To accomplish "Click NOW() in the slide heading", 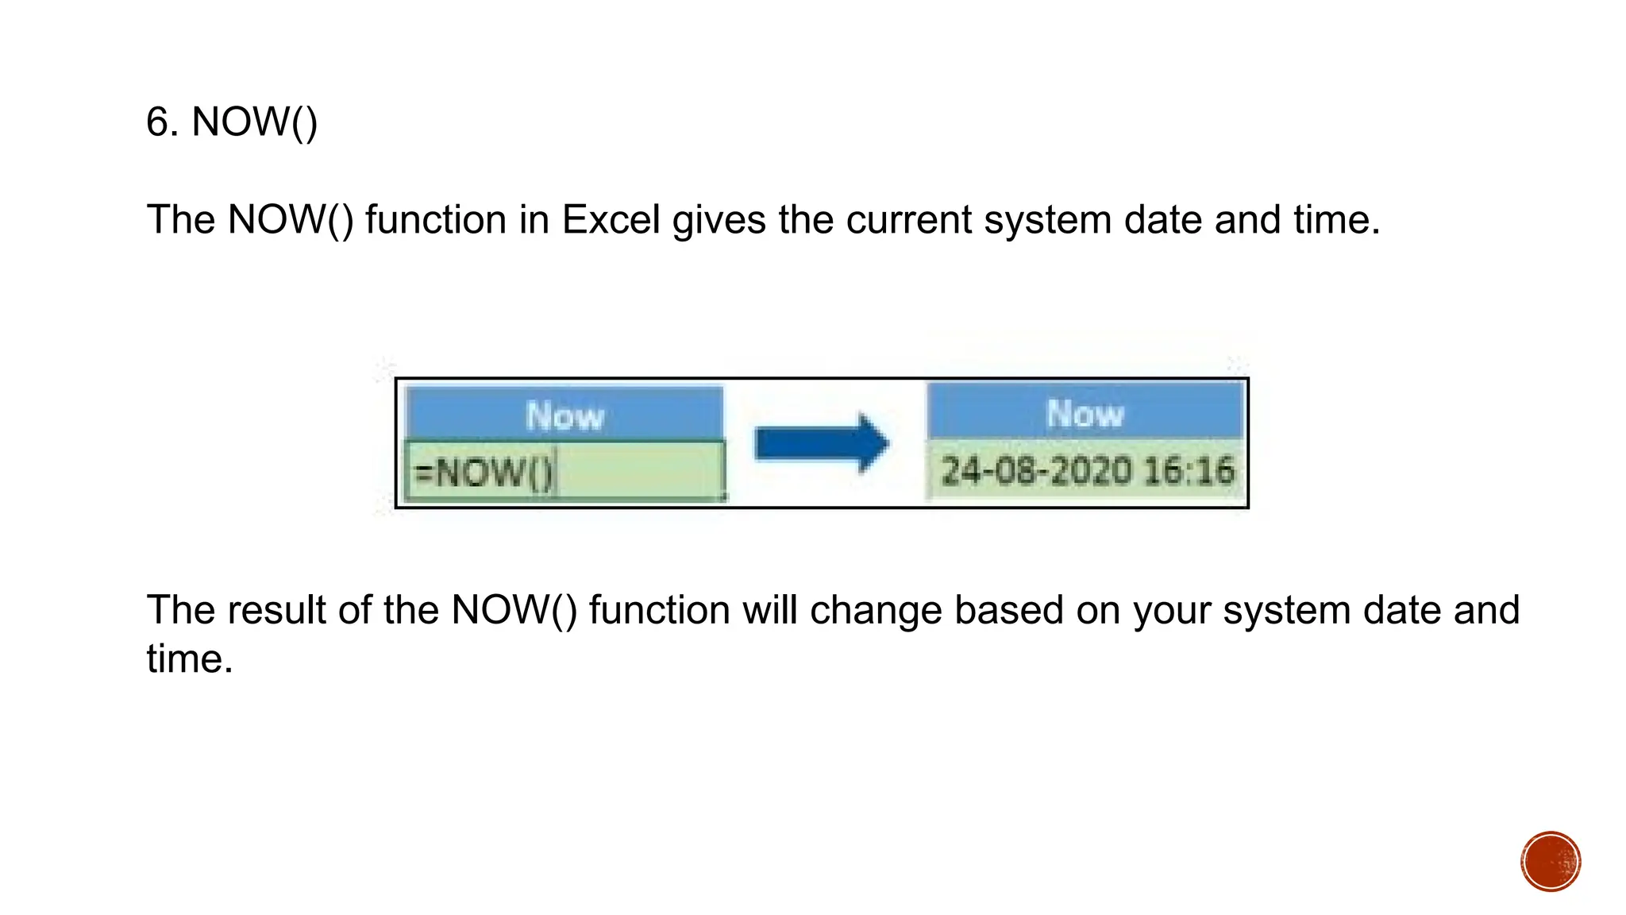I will (x=254, y=122).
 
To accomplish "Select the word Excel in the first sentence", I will (x=611, y=220).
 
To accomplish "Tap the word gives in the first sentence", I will (x=719, y=220).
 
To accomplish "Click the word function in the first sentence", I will (x=435, y=220).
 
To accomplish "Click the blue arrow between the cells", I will (x=822, y=443).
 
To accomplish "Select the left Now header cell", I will (x=564, y=415).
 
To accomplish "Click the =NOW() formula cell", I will (x=564, y=472).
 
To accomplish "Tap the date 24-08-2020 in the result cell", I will (x=1035, y=471).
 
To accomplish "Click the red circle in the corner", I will (x=1551, y=862).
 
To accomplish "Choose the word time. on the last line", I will (x=190, y=659).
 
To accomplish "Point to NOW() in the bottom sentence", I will (x=514, y=611).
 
